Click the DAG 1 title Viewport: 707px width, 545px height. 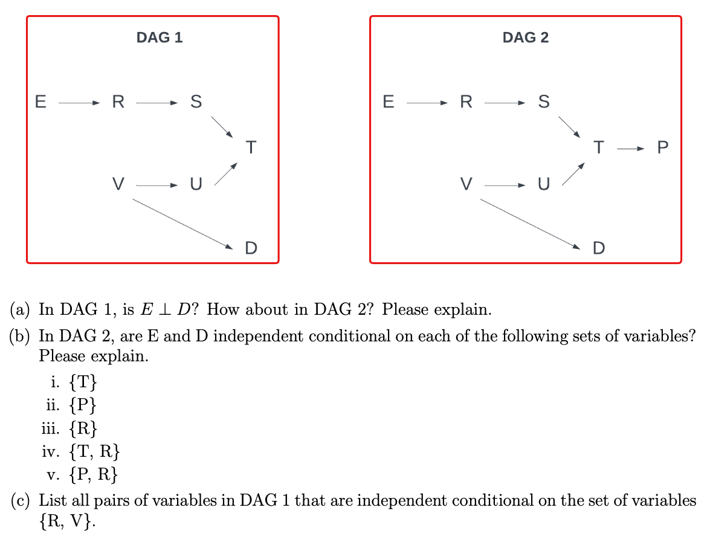pyautogui.click(x=160, y=37)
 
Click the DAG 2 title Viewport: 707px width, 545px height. pyautogui.click(x=525, y=37)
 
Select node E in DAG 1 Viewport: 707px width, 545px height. pyautogui.click(x=40, y=102)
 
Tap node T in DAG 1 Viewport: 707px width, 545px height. pyautogui.click(x=251, y=147)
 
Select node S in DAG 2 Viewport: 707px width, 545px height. pyautogui.click(x=544, y=102)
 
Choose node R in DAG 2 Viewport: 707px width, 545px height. pyautogui.click(x=466, y=102)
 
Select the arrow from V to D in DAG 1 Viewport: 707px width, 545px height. pyautogui.click(x=182, y=223)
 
